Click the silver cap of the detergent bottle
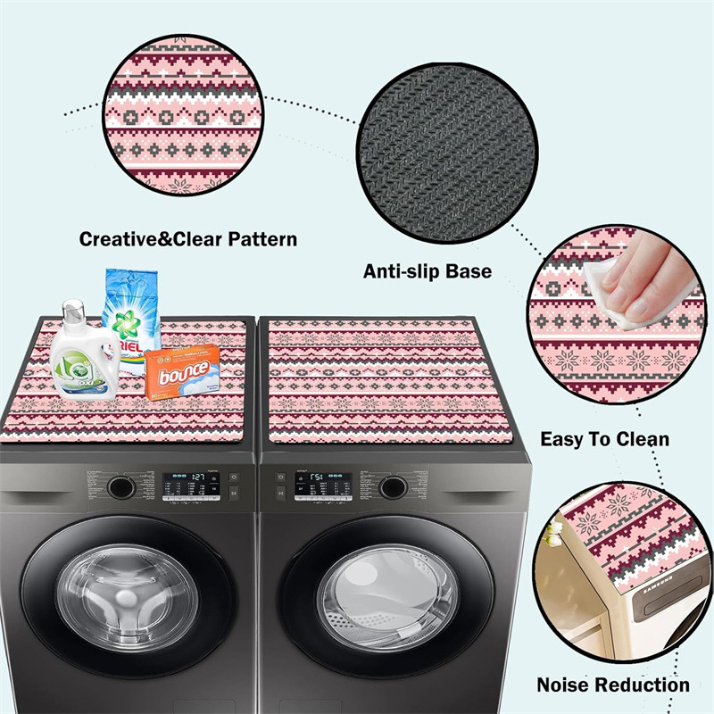coord(74,310)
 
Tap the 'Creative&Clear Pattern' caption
coord(187,239)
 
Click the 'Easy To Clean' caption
coord(604,439)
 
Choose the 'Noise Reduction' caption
coord(612,685)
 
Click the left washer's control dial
coord(119,487)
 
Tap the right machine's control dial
coord(391,487)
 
